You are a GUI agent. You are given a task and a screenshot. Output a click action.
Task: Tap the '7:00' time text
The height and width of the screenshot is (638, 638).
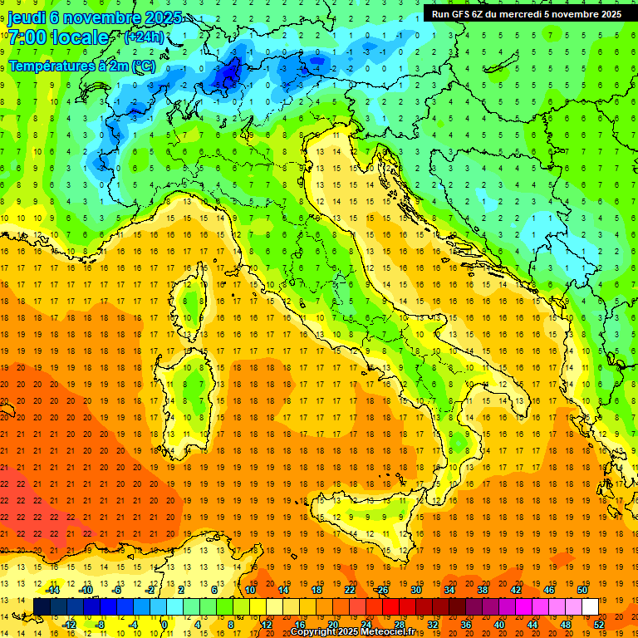click(x=27, y=37)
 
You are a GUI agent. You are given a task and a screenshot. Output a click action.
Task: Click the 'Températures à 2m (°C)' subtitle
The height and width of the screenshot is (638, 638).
click(x=81, y=65)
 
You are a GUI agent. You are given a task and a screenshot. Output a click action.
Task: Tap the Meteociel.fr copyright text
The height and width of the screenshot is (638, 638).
click(x=358, y=631)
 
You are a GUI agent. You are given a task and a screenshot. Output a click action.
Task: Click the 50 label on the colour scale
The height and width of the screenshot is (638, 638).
click(x=582, y=590)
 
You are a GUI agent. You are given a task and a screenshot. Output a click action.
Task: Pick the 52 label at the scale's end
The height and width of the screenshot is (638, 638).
click(x=599, y=625)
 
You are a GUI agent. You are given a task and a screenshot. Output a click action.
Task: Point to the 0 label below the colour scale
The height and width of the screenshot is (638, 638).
click(x=164, y=625)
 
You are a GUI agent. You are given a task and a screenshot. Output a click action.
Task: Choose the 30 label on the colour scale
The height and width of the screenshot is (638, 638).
click(x=415, y=590)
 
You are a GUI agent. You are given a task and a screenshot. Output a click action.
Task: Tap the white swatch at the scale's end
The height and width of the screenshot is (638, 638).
click(x=590, y=606)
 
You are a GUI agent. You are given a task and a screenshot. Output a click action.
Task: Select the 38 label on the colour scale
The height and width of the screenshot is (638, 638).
click(x=482, y=590)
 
